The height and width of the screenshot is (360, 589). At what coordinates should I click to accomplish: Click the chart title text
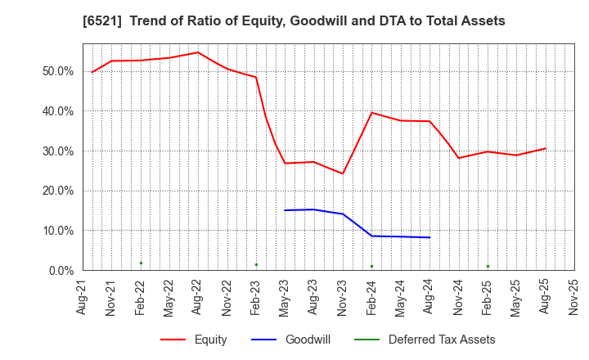pos(294,21)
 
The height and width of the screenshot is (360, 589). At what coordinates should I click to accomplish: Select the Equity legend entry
pos(194,340)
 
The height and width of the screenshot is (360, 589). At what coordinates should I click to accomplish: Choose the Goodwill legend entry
pos(294,340)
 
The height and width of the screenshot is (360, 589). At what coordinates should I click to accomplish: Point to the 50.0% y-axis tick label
pos(57,71)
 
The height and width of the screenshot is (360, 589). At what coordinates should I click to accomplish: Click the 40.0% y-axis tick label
pos(57,111)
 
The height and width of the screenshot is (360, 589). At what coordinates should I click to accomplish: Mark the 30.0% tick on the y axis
pos(57,151)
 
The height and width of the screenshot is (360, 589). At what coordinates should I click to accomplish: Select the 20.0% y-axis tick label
pos(57,191)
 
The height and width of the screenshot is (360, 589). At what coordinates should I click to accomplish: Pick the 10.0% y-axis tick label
pos(57,231)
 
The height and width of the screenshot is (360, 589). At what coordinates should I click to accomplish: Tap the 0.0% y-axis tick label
pos(60,271)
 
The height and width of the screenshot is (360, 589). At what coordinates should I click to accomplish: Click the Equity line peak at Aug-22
pos(198,52)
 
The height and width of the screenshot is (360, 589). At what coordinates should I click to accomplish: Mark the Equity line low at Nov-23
pos(343,173)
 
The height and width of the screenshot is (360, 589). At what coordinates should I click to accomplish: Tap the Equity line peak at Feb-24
pos(371,112)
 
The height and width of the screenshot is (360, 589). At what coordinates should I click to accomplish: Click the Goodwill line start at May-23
pos(285,210)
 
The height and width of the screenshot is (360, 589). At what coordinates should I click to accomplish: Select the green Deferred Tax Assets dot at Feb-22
pos(141,263)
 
